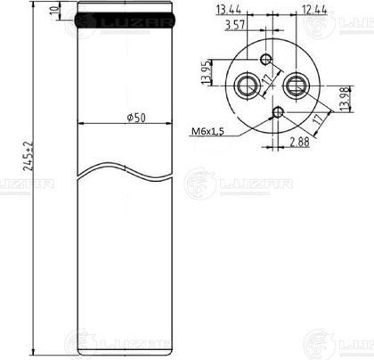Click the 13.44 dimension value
click(x=229, y=10)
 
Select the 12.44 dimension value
click(x=314, y=10)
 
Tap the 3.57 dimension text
click(x=235, y=25)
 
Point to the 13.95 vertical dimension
click(x=207, y=72)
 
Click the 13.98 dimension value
click(x=346, y=99)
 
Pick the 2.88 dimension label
click(x=299, y=142)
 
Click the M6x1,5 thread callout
click(x=207, y=131)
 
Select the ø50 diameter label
click(x=136, y=118)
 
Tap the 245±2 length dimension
click(x=28, y=155)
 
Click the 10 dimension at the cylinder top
click(x=54, y=11)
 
